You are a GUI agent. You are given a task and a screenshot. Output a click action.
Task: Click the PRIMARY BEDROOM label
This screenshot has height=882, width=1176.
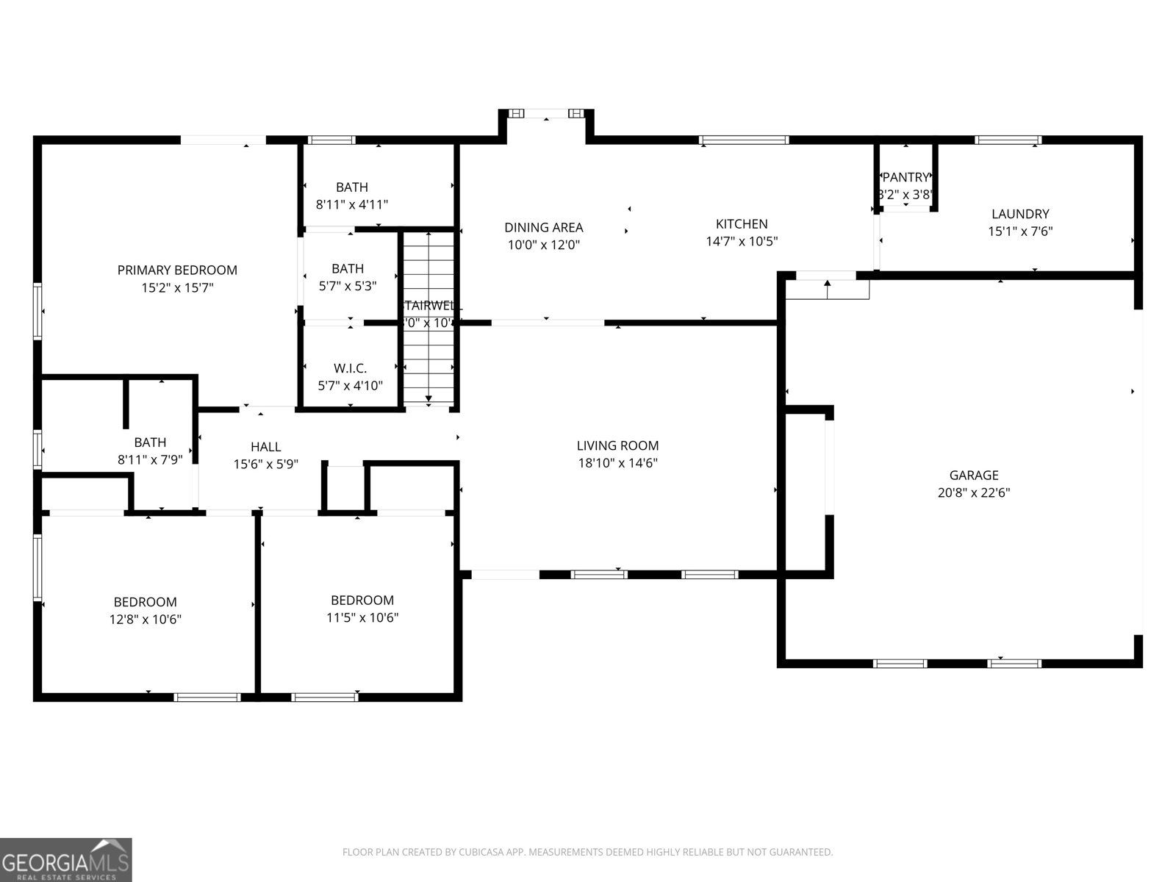point(177,270)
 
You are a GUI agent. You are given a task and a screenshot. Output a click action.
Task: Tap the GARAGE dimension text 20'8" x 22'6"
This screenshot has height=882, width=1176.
point(973,493)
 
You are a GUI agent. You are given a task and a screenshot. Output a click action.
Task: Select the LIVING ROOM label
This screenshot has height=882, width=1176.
point(617,445)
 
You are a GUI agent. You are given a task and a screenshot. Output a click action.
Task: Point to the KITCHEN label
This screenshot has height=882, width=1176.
point(742,224)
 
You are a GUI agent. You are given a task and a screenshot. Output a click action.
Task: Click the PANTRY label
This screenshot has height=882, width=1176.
point(906,177)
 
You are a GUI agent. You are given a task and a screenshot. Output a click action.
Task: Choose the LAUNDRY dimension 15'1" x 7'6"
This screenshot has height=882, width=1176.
point(1020,232)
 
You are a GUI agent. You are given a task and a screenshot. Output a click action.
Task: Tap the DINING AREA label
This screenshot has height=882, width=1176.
point(543,227)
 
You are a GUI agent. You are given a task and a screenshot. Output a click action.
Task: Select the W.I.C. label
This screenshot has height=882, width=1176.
point(350,368)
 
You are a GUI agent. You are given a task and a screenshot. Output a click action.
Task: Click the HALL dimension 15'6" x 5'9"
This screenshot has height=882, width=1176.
point(265,465)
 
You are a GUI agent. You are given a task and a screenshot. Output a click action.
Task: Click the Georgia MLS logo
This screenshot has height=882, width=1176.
point(66,859)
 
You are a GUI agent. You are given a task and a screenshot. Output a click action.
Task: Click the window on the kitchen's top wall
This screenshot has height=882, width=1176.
point(743,140)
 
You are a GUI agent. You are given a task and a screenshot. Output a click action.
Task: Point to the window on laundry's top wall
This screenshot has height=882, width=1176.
point(1008,140)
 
